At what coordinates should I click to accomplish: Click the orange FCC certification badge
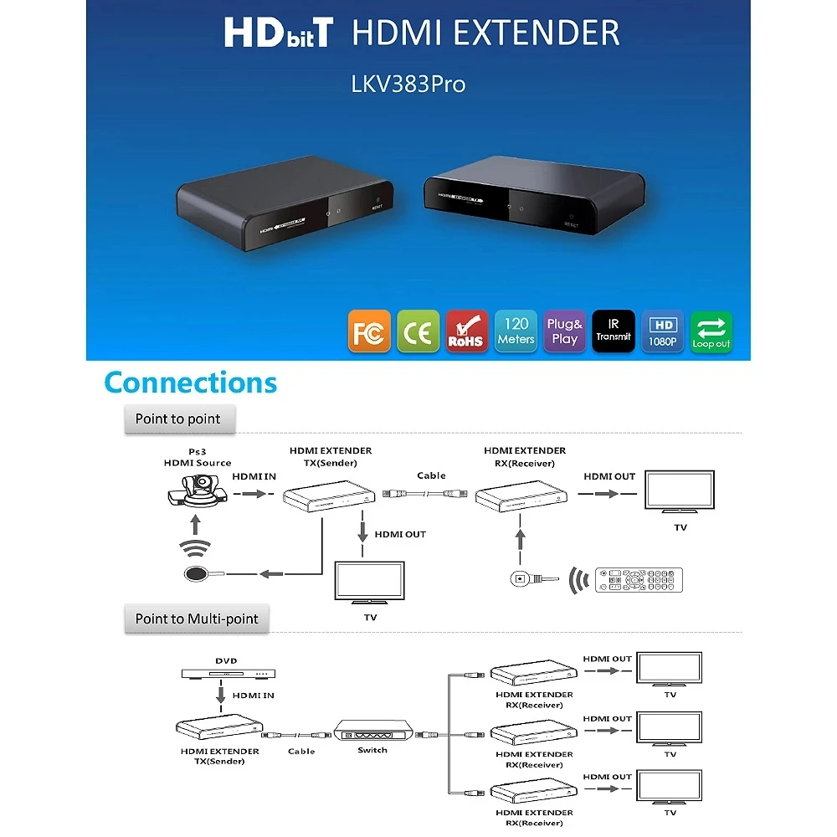(369, 331)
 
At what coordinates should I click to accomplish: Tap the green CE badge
(418, 331)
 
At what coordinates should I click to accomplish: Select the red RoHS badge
(466, 331)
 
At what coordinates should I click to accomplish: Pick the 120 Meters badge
(516, 331)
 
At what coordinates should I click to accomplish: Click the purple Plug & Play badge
(565, 331)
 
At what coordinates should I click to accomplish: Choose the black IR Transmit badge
(614, 331)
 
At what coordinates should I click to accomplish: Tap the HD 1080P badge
(663, 331)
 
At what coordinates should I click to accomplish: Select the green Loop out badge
(711, 331)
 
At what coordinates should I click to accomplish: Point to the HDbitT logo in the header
(278, 33)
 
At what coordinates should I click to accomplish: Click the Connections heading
(190, 383)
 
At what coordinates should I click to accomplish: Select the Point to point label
(177, 418)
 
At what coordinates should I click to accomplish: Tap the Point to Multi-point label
(197, 619)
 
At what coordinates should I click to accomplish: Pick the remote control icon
(639, 579)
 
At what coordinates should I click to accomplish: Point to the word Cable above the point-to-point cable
(431, 475)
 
